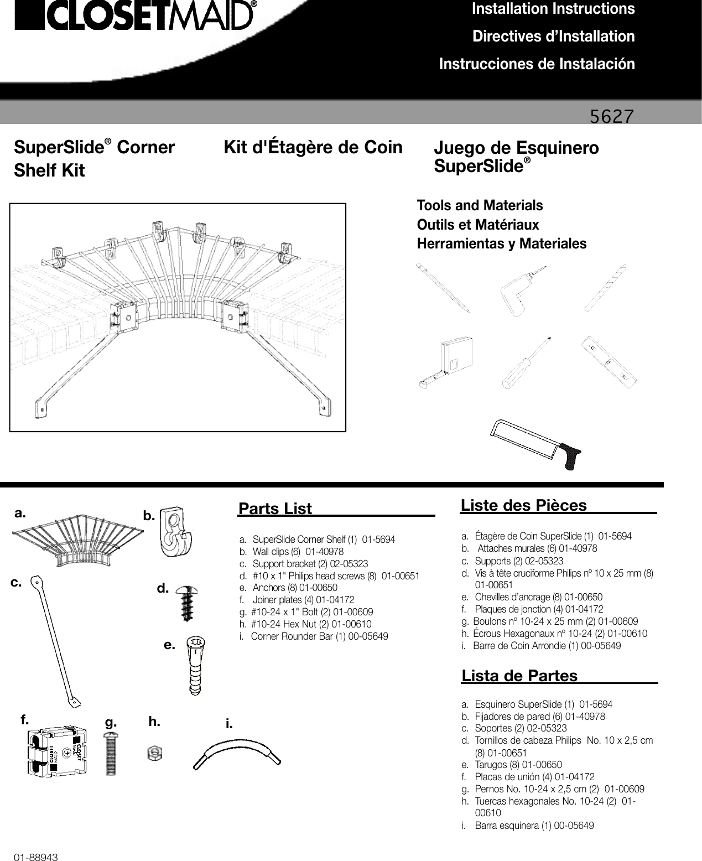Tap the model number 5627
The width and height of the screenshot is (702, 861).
(611, 116)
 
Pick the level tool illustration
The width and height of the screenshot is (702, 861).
(610, 364)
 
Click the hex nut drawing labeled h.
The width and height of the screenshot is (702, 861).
(154, 753)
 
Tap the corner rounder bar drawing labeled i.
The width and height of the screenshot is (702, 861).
(237, 754)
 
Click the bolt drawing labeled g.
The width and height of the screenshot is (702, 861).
(111, 753)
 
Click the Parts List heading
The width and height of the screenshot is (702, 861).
(275, 509)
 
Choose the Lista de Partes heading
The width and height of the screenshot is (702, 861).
(519, 676)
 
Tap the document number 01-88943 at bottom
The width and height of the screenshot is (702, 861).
(37, 857)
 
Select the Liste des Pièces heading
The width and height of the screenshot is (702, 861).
(523, 505)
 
